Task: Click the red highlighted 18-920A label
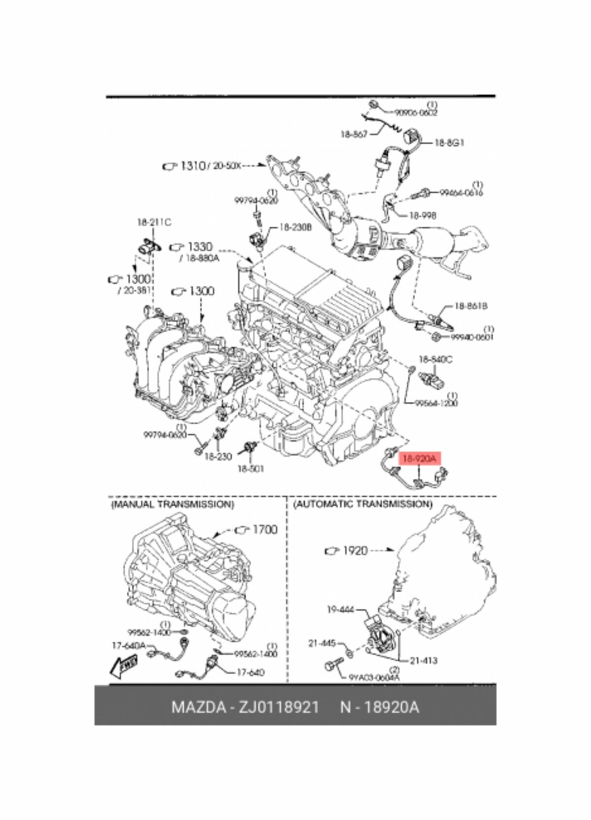[x=419, y=459]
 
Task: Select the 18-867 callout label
[x=354, y=134]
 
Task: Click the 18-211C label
[x=154, y=222]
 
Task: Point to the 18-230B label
[x=295, y=227]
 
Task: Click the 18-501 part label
[x=250, y=468]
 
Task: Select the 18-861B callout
[x=470, y=306]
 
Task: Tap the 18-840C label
[x=435, y=359]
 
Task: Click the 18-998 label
[x=422, y=215]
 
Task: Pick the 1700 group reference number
[x=265, y=530]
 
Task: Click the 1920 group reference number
[x=355, y=550]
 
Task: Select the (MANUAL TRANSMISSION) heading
[x=172, y=504]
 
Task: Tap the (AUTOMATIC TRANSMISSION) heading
[x=362, y=504]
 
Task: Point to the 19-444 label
[x=340, y=609]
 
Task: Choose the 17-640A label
[x=129, y=645]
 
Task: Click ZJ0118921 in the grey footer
[x=279, y=707]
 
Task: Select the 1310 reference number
[x=193, y=166]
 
